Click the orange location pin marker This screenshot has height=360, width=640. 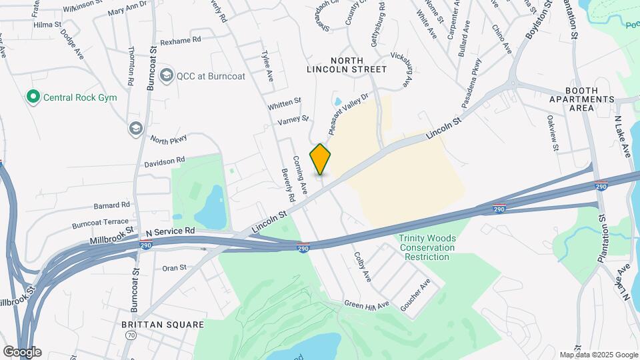(x=320, y=159)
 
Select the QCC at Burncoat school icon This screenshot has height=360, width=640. (x=167, y=75)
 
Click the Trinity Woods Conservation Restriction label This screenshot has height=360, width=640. (x=427, y=247)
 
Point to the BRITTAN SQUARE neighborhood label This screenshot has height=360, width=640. (x=163, y=324)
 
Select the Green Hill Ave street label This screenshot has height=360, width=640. (x=366, y=305)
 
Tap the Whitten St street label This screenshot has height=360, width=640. (x=285, y=103)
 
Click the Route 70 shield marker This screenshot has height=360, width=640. (x=130, y=335)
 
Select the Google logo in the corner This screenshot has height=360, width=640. (x=22, y=351)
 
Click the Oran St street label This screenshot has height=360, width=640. (x=175, y=268)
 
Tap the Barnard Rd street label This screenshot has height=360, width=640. (x=111, y=205)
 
